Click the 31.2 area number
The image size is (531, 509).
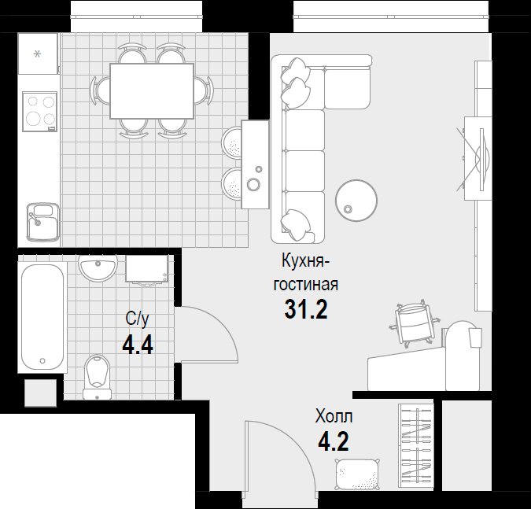pyautogui.click(x=306, y=309)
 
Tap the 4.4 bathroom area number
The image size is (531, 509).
pyautogui.click(x=138, y=345)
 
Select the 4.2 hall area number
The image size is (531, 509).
pyautogui.click(x=334, y=441)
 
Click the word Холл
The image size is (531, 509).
pyautogui.click(x=334, y=416)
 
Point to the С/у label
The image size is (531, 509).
pyautogui.click(x=137, y=319)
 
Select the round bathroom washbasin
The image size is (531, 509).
pyautogui.click(x=98, y=267)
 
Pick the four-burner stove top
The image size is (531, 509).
pyautogui.click(x=39, y=112)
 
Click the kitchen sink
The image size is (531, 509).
pyautogui.click(x=43, y=222)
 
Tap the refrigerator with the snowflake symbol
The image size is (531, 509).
pyautogui.click(x=38, y=53)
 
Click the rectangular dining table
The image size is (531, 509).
pyautogui.click(x=152, y=90)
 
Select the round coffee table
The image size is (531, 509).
pyautogui.click(x=356, y=201)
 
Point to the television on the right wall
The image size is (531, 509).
pyautogui.click(x=483, y=159)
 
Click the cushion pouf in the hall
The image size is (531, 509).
pyautogui.click(x=357, y=474)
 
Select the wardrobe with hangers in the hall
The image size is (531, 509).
pyautogui.click(x=416, y=446)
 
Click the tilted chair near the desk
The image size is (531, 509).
pyautogui.click(x=415, y=323)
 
